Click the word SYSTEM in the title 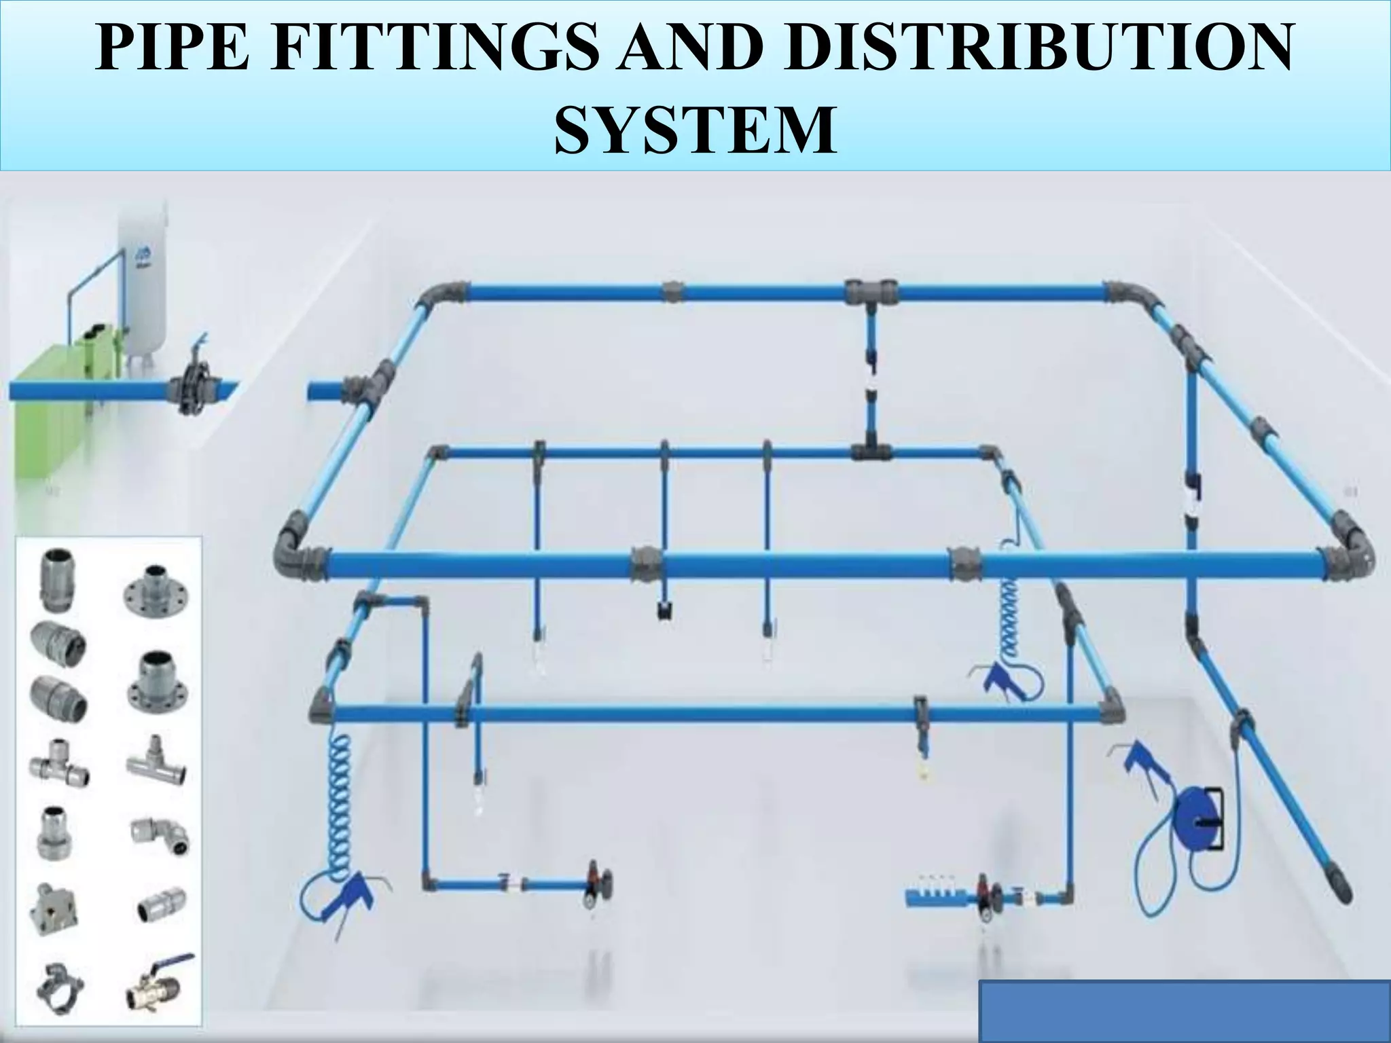coord(695,129)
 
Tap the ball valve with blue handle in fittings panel coord(160,988)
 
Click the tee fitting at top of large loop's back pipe coord(871,293)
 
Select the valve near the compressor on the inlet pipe coord(194,384)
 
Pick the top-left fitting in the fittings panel coord(55,580)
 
